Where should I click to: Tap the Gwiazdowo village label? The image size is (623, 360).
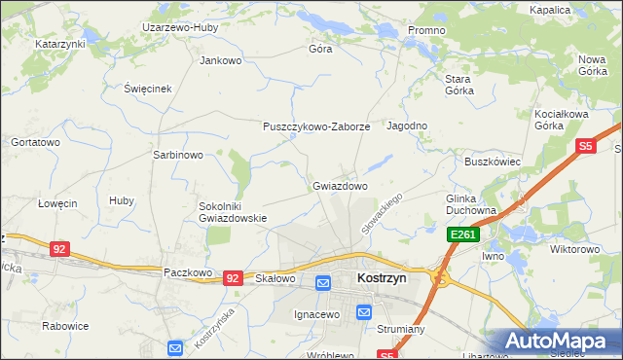point(340,185)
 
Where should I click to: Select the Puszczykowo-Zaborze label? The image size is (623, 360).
point(316,126)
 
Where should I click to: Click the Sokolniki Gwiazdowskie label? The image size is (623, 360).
point(233,212)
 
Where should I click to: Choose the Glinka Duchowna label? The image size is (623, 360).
point(471,204)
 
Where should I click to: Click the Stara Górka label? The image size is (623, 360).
point(458,84)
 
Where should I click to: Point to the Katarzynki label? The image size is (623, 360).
point(60,44)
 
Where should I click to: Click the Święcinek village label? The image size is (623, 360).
point(148,89)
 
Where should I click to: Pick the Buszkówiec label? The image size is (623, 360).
point(494,162)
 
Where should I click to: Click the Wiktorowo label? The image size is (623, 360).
point(574,249)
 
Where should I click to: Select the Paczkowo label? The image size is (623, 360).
point(188,273)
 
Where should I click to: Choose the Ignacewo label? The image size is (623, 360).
point(316,315)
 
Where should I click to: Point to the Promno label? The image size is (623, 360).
point(426,30)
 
